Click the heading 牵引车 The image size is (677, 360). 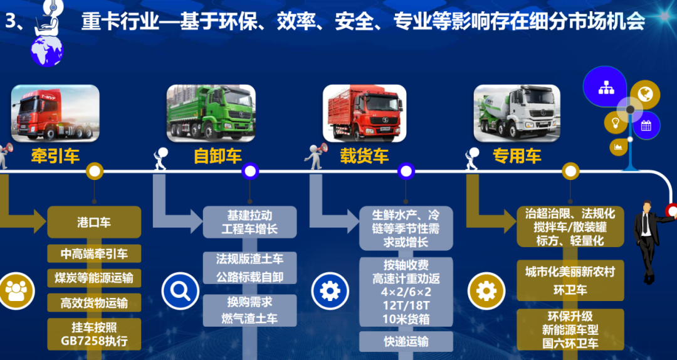(55, 156)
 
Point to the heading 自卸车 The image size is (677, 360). (218, 156)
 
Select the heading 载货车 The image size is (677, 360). (365, 156)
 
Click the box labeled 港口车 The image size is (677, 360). (94, 222)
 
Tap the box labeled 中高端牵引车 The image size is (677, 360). (94, 254)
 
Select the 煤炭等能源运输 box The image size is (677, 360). (94, 278)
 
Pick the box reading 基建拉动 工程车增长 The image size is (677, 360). (249, 222)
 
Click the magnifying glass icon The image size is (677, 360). (181, 290)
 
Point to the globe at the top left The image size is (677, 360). (47, 49)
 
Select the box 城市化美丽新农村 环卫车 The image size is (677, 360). (570, 280)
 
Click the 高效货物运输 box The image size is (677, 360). (94, 303)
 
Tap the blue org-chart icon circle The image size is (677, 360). (606, 87)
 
